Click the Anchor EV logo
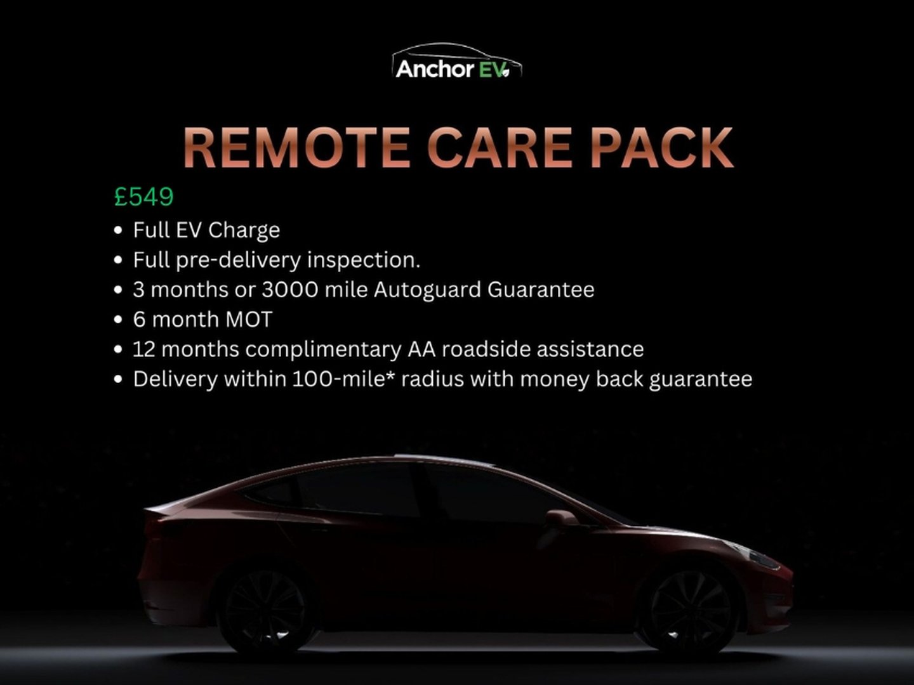[457, 62]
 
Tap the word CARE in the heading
[500, 147]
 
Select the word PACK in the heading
[661, 147]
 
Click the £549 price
[143, 197]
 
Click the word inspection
[364, 261]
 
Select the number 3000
[290, 289]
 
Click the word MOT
[249, 320]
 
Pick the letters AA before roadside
[421, 349]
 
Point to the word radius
[433, 379]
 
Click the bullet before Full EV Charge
[118, 230]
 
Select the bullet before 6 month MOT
[118, 320]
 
